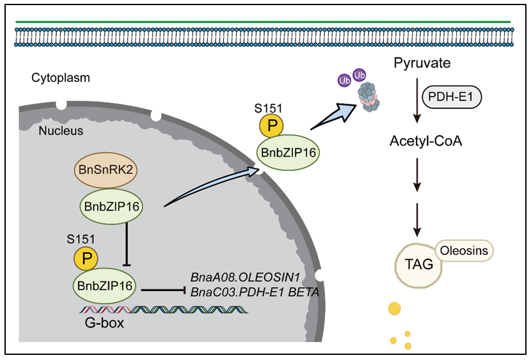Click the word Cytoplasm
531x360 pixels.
click(x=60, y=78)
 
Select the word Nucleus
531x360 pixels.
click(x=56, y=131)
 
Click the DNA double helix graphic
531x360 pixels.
click(x=163, y=309)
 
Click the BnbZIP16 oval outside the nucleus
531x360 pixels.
click(x=289, y=153)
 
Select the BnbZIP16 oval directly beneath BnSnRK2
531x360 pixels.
click(x=111, y=206)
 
